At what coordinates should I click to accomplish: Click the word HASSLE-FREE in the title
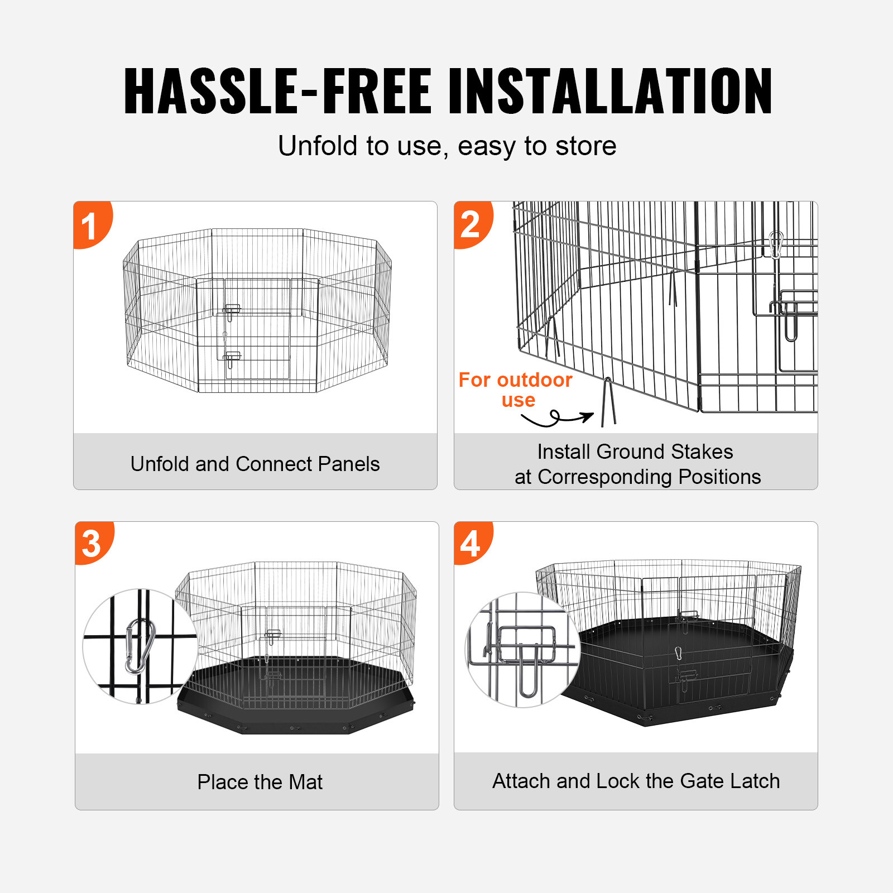pyautogui.click(x=277, y=90)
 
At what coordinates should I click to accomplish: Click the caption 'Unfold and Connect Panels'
pyautogui.click(x=255, y=464)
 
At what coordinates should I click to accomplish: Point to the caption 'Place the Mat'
pyautogui.click(x=260, y=782)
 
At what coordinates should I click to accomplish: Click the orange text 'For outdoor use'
pyautogui.click(x=515, y=390)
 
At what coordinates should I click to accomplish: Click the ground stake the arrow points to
pyautogui.click(x=608, y=402)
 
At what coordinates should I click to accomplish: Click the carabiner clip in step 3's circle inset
pyautogui.click(x=140, y=646)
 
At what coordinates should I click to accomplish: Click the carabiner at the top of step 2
pyautogui.click(x=776, y=244)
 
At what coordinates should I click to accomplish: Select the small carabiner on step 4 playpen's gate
pyautogui.click(x=679, y=653)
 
